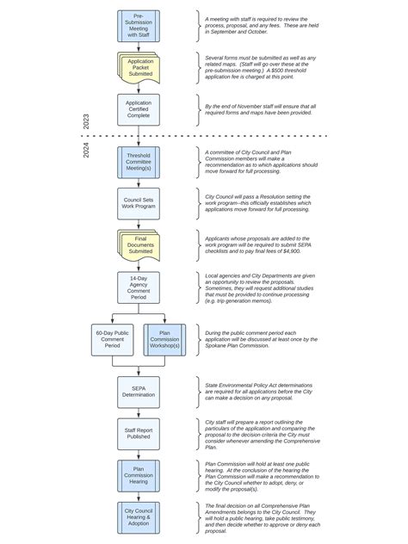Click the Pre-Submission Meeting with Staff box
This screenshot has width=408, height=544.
coord(139,26)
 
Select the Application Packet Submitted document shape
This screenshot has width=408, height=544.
coord(139,68)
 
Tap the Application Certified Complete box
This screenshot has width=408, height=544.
coord(139,109)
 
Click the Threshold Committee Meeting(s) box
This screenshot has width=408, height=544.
coord(139,163)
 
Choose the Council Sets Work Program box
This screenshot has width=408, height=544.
coord(139,203)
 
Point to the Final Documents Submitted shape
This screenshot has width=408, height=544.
coord(139,245)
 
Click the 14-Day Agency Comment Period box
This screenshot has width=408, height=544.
coord(139,287)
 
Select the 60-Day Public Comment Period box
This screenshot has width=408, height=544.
coord(112,339)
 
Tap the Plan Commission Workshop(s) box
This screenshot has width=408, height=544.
coord(165,339)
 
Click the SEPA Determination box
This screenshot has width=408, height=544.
coord(139,393)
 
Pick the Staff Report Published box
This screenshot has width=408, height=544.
coord(139,434)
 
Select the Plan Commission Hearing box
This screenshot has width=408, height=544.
coord(139,475)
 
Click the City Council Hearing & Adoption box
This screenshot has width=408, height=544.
coord(139,517)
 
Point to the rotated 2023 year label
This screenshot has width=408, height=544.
coord(86,121)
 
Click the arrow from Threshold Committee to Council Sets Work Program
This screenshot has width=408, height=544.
coord(139,183)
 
